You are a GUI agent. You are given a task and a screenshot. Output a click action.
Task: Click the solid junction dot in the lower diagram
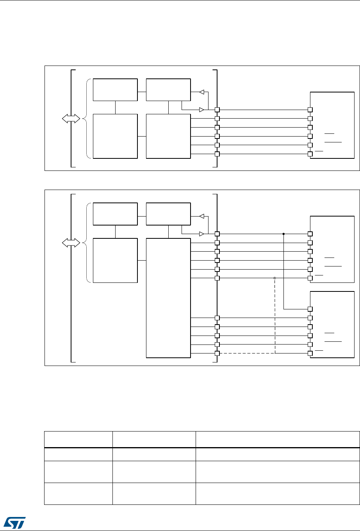click(283, 234)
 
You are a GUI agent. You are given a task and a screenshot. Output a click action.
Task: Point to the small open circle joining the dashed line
click(275, 278)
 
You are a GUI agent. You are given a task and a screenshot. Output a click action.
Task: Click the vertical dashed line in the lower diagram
click(275, 316)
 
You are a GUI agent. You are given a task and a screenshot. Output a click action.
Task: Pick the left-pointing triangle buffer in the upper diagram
click(202, 92)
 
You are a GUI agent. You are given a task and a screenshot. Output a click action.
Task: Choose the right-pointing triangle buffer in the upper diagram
click(202, 110)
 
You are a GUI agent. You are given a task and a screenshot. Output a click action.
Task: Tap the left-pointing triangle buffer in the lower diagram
click(202, 216)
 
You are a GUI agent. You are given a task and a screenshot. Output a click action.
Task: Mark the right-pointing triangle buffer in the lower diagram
click(202, 234)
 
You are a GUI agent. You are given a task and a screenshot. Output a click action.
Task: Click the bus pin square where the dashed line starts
click(217, 353)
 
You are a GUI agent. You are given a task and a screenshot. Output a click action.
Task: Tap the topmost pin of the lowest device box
click(310, 309)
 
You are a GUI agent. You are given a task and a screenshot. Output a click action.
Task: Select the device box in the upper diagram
click(331, 125)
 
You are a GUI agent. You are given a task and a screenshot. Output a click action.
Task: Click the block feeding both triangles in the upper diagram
click(168, 90)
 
